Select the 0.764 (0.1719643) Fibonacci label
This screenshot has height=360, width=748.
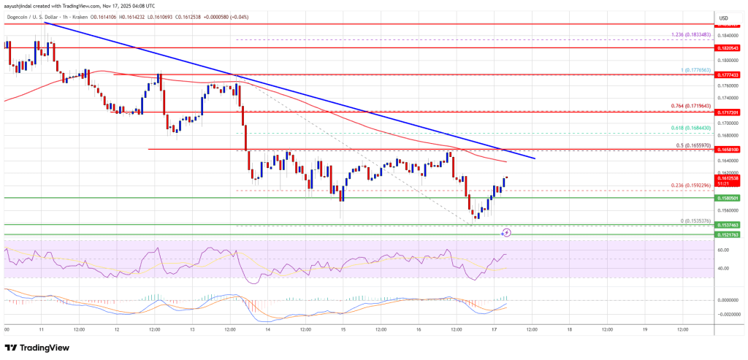pyautogui.click(x=679, y=106)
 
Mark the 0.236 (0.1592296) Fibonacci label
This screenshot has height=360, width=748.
pyautogui.click(x=679, y=185)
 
